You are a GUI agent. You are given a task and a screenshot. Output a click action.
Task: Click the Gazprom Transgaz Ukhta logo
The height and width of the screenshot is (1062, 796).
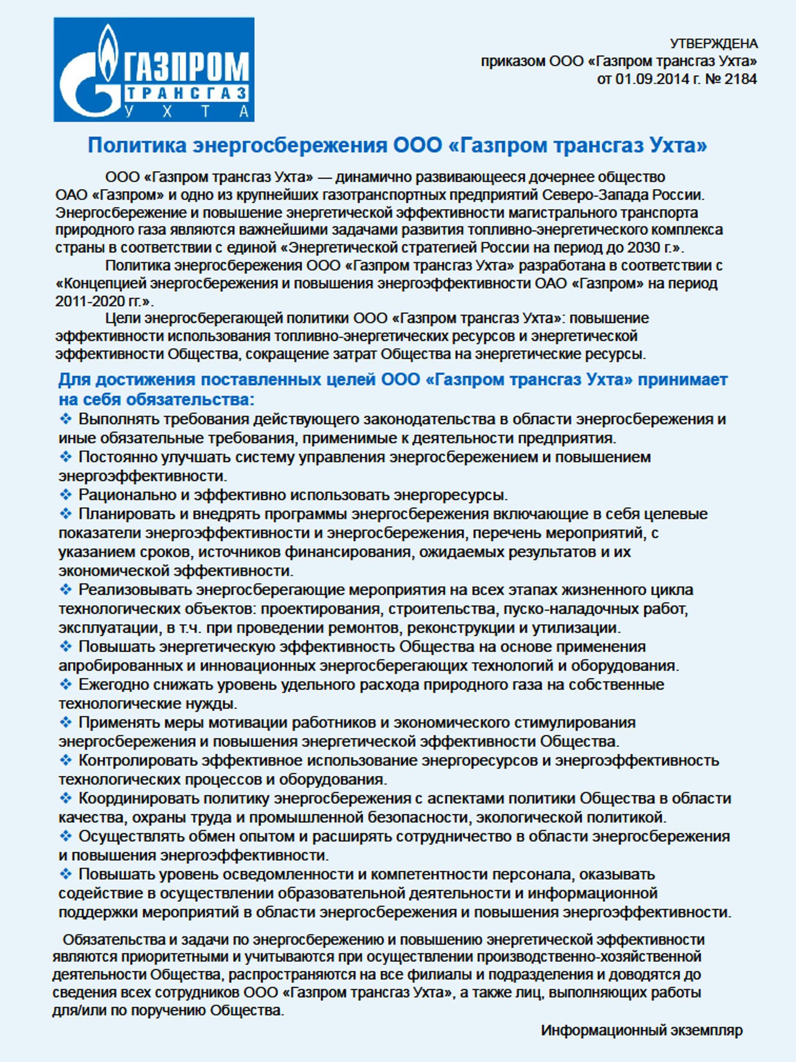(154, 69)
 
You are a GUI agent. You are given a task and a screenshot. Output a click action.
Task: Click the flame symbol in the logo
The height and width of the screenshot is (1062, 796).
(108, 52)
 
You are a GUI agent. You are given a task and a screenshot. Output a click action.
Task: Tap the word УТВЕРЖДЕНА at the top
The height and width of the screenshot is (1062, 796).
(714, 44)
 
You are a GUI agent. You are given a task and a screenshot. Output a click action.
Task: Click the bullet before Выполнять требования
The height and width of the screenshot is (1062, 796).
(66, 418)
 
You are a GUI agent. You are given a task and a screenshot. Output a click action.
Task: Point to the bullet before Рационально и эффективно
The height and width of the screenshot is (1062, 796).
(66, 495)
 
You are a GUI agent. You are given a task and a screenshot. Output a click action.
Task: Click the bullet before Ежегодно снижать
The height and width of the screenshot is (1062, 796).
(66, 684)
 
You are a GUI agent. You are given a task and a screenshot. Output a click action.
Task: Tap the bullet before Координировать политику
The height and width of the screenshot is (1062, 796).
(66, 798)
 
